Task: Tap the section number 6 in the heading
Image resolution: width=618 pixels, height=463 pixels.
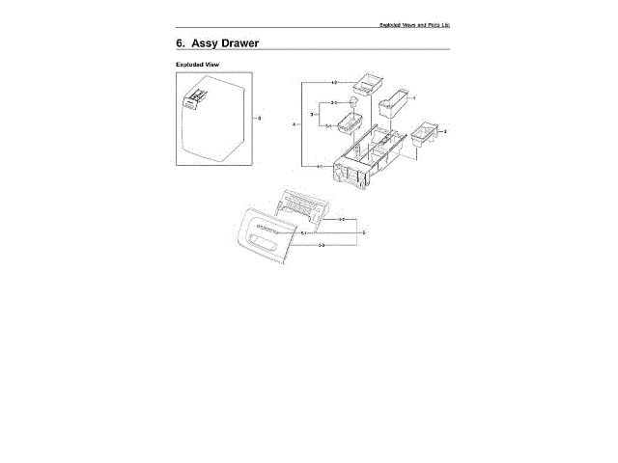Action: [x=181, y=44]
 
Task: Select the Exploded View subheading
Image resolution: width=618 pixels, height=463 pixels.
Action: [x=198, y=65]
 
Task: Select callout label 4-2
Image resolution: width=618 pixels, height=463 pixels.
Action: [x=334, y=83]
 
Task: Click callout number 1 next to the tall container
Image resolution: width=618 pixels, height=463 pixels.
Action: [x=413, y=98]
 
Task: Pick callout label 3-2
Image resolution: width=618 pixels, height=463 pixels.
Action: [x=333, y=102]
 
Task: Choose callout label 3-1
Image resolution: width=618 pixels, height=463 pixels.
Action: [x=327, y=126]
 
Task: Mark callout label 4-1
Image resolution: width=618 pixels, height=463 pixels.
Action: [x=320, y=167]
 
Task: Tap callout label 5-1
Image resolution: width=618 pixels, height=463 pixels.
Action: [x=304, y=233]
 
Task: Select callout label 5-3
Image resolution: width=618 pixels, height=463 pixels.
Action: [x=322, y=246]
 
